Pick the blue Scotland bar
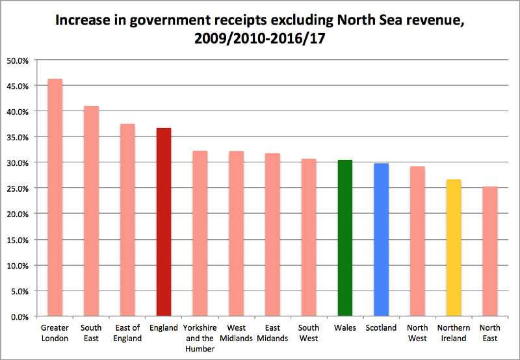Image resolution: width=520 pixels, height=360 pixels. pyautogui.click(x=381, y=240)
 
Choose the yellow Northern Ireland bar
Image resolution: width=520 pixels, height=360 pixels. pyautogui.click(x=454, y=248)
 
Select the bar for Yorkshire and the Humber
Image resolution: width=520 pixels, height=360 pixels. pyautogui.click(x=200, y=233)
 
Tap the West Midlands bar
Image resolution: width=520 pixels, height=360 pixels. pyautogui.click(x=236, y=234)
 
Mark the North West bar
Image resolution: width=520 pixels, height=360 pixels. pyautogui.click(x=417, y=241)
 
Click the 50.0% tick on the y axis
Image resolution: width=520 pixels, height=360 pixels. pyautogui.click(x=19, y=60)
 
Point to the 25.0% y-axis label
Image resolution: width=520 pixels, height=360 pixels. pyautogui.click(x=19, y=188)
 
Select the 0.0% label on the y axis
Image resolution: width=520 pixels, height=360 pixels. pyautogui.click(x=21, y=316)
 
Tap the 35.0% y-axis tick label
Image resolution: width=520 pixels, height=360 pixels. pyautogui.click(x=19, y=137)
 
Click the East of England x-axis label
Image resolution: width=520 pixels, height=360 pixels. pyautogui.click(x=127, y=333)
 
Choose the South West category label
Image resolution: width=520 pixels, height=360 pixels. pyautogui.click(x=309, y=333)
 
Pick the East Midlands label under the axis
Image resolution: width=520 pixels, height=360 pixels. pyautogui.click(x=272, y=333)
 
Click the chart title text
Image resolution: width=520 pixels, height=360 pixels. pyautogui.click(x=259, y=29)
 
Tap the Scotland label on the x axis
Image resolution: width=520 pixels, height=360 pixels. pyautogui.click(x=381, y=328)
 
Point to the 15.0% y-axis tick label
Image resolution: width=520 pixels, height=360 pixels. pyautogui.click(x=19, y=240)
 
